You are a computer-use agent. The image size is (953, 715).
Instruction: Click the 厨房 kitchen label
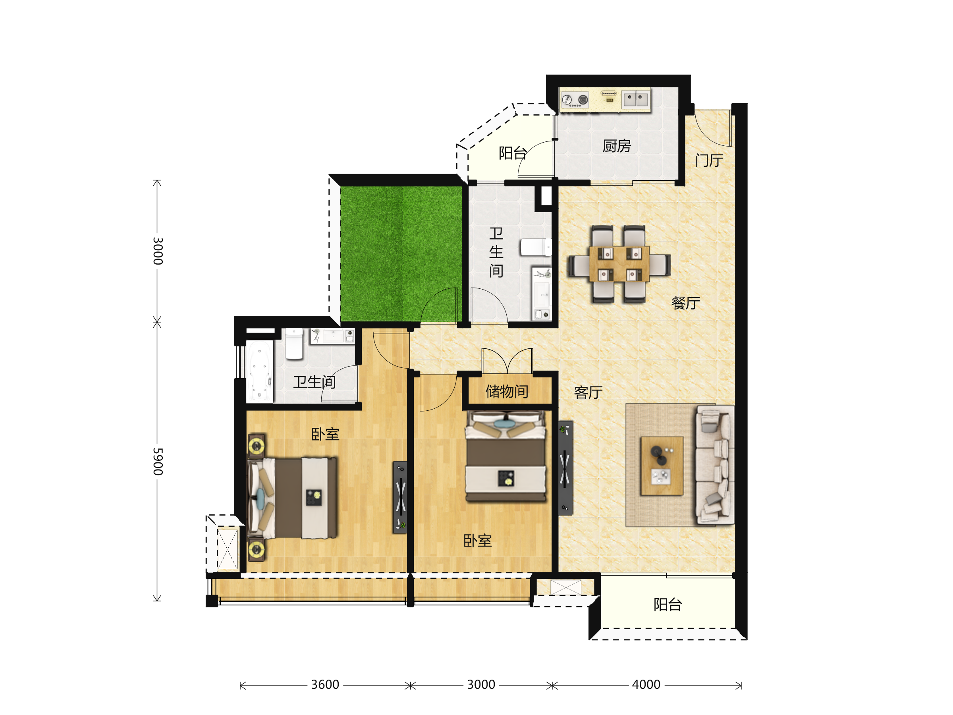tap(617, 146)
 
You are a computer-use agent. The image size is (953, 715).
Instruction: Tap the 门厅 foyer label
tap(709, 160)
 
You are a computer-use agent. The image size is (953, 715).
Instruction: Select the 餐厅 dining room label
tap(685, 303)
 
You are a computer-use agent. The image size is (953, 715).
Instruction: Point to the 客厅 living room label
tap(588, 392)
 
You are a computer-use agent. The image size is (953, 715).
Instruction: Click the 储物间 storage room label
tap(507, 391)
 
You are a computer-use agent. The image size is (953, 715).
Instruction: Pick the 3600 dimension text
tap(325, 684)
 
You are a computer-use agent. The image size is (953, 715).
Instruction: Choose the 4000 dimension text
tap(646, 684)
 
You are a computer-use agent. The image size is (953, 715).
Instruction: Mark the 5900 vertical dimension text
tap(158, 462)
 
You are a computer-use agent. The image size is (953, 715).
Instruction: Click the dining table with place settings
tap(619, 264)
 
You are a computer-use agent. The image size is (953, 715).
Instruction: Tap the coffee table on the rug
tap(662, 466)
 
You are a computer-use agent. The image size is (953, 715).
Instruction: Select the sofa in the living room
tap(715, 465)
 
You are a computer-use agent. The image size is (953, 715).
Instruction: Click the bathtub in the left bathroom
tap(259, 371)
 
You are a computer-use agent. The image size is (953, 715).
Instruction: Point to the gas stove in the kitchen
tap(574, 100)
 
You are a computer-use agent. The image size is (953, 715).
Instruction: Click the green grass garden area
tap(401, 254)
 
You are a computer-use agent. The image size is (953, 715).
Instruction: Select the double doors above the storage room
tap(507, 361)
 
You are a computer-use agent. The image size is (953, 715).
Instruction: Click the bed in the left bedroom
tap(292, 498)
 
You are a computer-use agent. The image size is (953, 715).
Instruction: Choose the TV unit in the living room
tap(565, 468)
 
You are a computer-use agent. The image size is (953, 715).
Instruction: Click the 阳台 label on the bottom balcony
tap(667, 605)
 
